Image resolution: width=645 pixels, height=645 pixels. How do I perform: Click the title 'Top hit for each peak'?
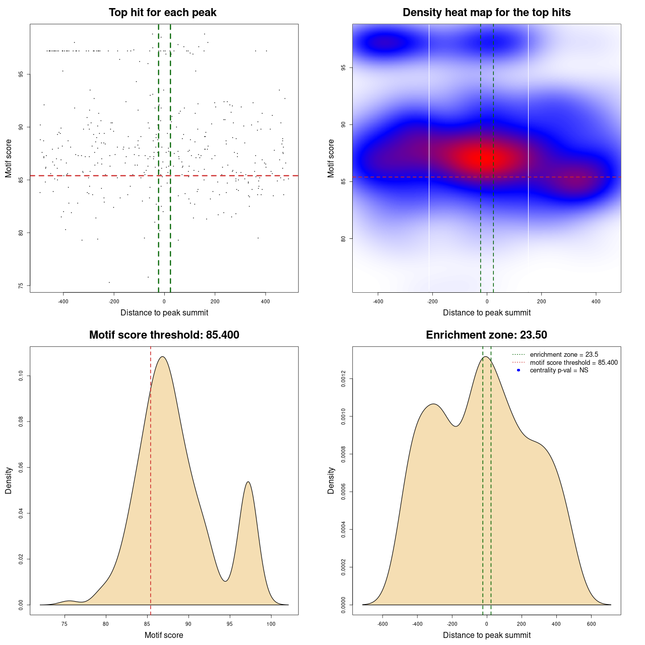162,13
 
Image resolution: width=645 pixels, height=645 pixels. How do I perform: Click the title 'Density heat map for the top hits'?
486,13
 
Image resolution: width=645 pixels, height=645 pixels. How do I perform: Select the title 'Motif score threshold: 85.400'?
164,335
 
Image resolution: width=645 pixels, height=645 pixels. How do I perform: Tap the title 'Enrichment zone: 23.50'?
486,335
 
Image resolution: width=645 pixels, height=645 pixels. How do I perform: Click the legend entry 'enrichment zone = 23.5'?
564,355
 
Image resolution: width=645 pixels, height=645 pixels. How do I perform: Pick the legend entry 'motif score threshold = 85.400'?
573,363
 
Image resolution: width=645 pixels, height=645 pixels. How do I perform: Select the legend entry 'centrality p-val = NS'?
559,370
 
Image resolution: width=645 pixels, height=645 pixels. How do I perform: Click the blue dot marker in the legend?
519,370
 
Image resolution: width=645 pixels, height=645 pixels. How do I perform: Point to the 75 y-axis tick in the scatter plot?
21,286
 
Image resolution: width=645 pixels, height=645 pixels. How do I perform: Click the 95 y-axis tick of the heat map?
343,68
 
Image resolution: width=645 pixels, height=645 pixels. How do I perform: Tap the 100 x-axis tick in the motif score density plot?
271,624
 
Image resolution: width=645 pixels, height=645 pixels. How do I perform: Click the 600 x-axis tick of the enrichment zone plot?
591,624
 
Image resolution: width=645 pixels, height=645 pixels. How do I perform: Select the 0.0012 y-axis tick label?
343,379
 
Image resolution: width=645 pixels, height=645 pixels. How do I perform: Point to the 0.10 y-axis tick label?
21,376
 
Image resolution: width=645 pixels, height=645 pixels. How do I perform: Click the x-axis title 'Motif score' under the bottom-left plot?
164,635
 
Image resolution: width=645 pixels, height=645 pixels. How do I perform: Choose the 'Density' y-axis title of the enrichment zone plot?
331,480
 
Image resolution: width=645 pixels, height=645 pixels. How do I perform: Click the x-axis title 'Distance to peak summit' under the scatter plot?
164,312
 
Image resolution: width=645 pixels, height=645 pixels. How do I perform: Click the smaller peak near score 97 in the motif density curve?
248,482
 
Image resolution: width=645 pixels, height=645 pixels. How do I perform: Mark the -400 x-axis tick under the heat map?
378,301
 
